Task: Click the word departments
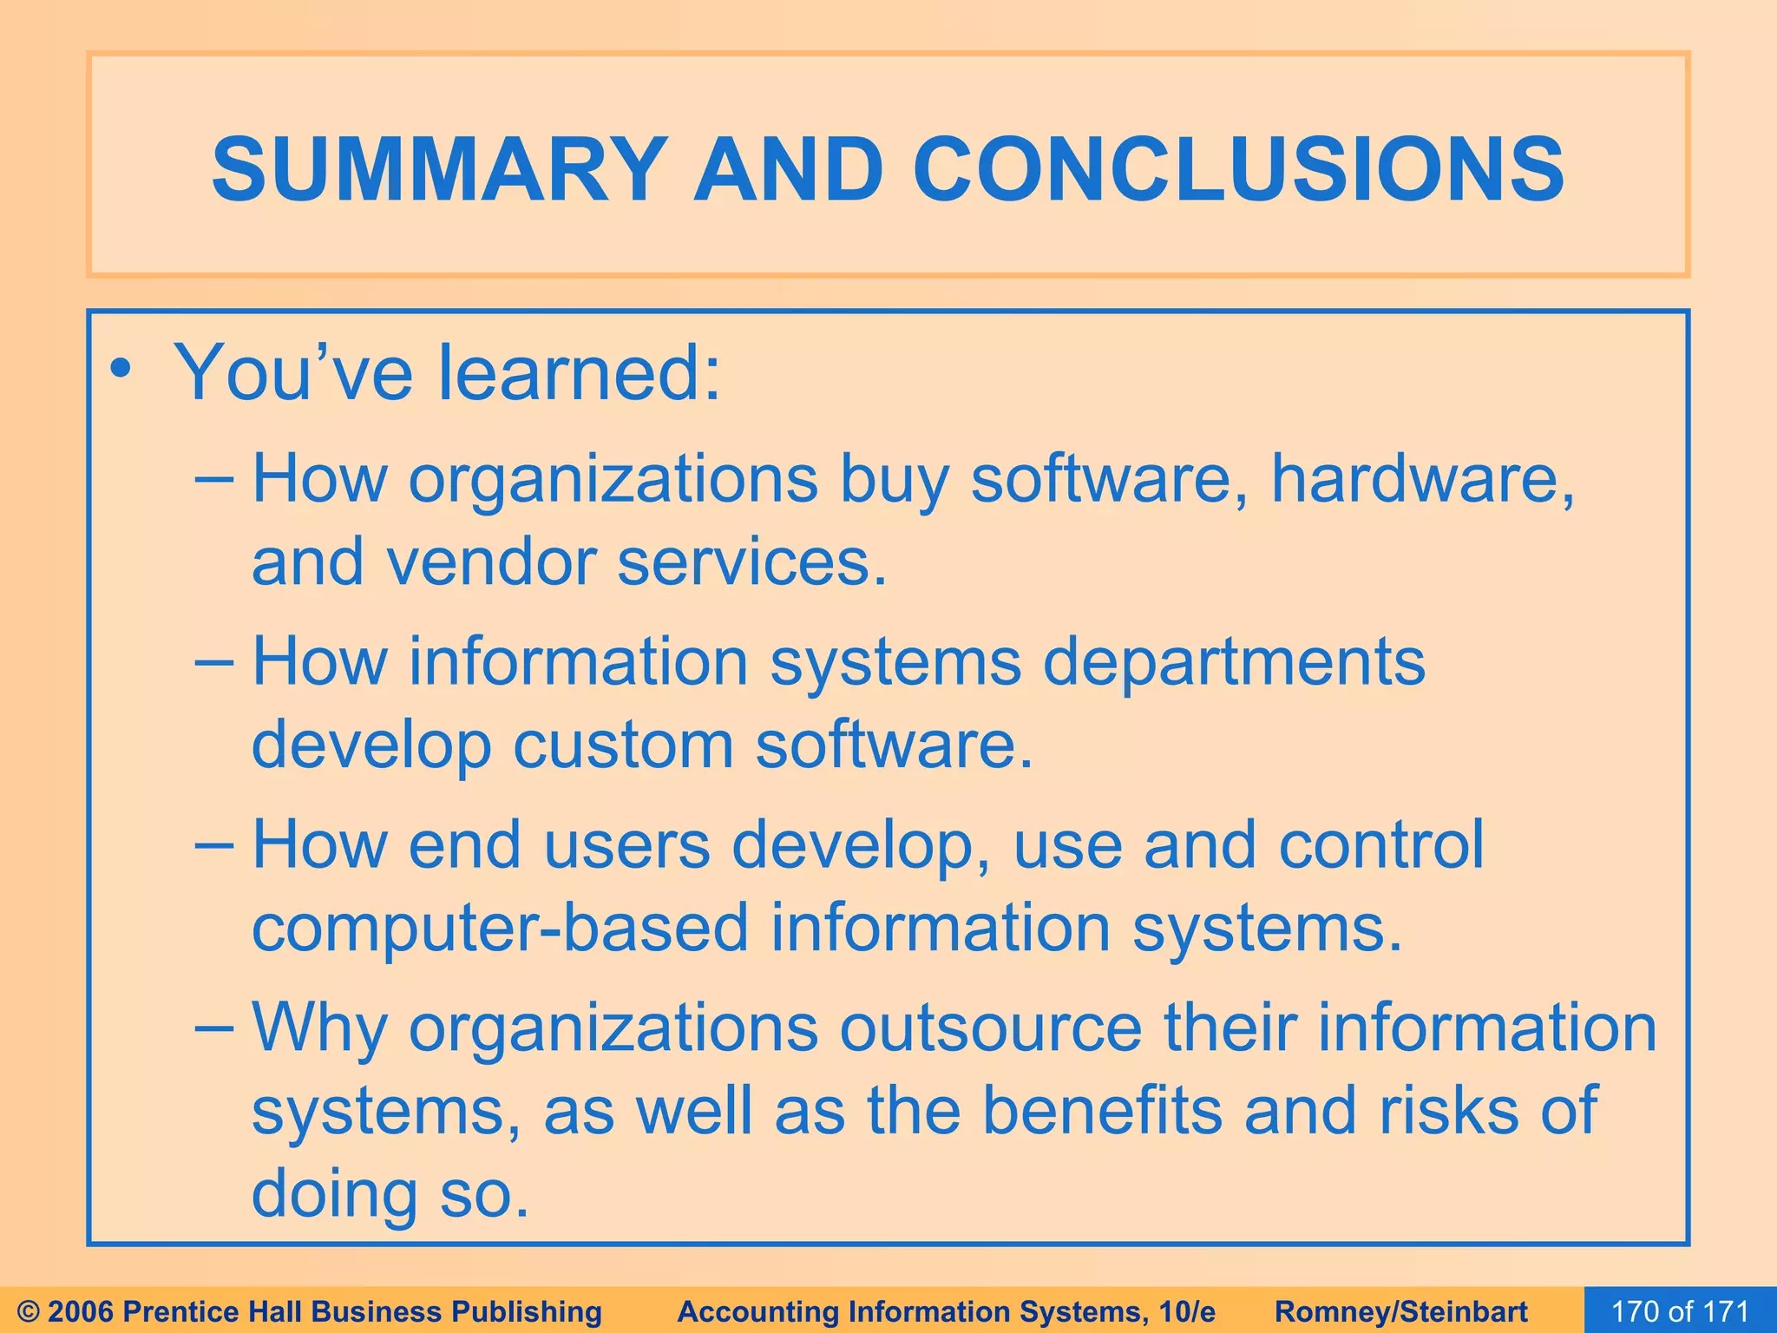[x=1233, y=662]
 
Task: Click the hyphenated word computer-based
[x=500, y=928]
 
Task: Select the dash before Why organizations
[x=214, y=1026]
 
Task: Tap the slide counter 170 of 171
[x=1680, y=1311]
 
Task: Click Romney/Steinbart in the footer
[x=1401, y=1311]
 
